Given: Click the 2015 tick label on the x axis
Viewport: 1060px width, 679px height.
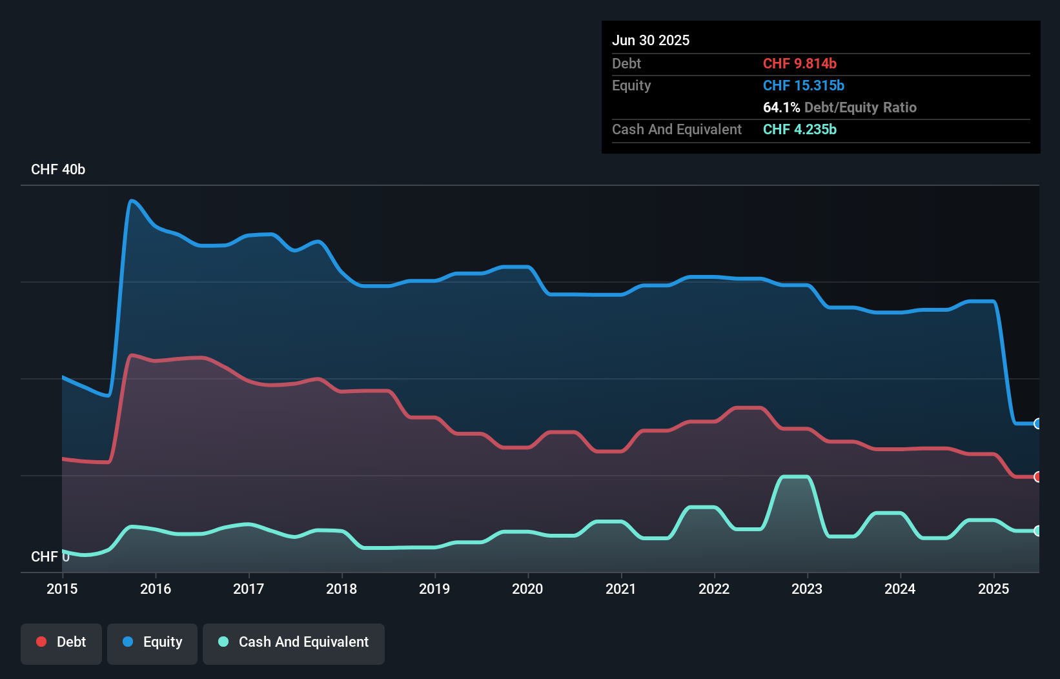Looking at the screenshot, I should click(x=62, y=589).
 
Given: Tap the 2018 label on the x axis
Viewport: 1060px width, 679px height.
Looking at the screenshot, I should click(x=341, y=589).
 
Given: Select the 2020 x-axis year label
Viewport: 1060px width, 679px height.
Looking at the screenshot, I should click(x=527, y=589).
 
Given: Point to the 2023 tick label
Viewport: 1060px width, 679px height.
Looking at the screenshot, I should click(x=807, y=589).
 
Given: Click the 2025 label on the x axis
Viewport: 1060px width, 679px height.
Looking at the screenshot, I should click(x=994, y=589).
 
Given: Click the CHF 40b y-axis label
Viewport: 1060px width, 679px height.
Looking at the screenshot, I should click(x=58, y=170).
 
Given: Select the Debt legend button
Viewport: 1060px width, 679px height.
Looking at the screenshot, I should click(x=61, y=642).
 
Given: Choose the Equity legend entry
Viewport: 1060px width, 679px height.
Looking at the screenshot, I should click(x=152, y=642).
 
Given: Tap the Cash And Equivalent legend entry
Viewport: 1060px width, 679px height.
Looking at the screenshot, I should click(x=294, y=642).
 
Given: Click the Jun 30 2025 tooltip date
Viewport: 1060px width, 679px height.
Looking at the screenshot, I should click(x=651, y=41).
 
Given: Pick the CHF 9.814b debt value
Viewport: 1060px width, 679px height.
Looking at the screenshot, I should click(x=799, y=64).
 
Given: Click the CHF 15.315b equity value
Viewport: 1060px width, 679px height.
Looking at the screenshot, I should click(x=803, y=86).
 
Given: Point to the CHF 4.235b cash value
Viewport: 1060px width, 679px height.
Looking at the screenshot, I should click(x=799, y=130).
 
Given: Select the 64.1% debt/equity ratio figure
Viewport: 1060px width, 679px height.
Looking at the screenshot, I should click(x=781, y=108).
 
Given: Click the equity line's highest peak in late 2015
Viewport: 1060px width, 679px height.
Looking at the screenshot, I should click(x=132, y=201).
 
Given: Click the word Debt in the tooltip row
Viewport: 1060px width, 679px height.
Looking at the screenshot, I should click(x=626, y=64).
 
